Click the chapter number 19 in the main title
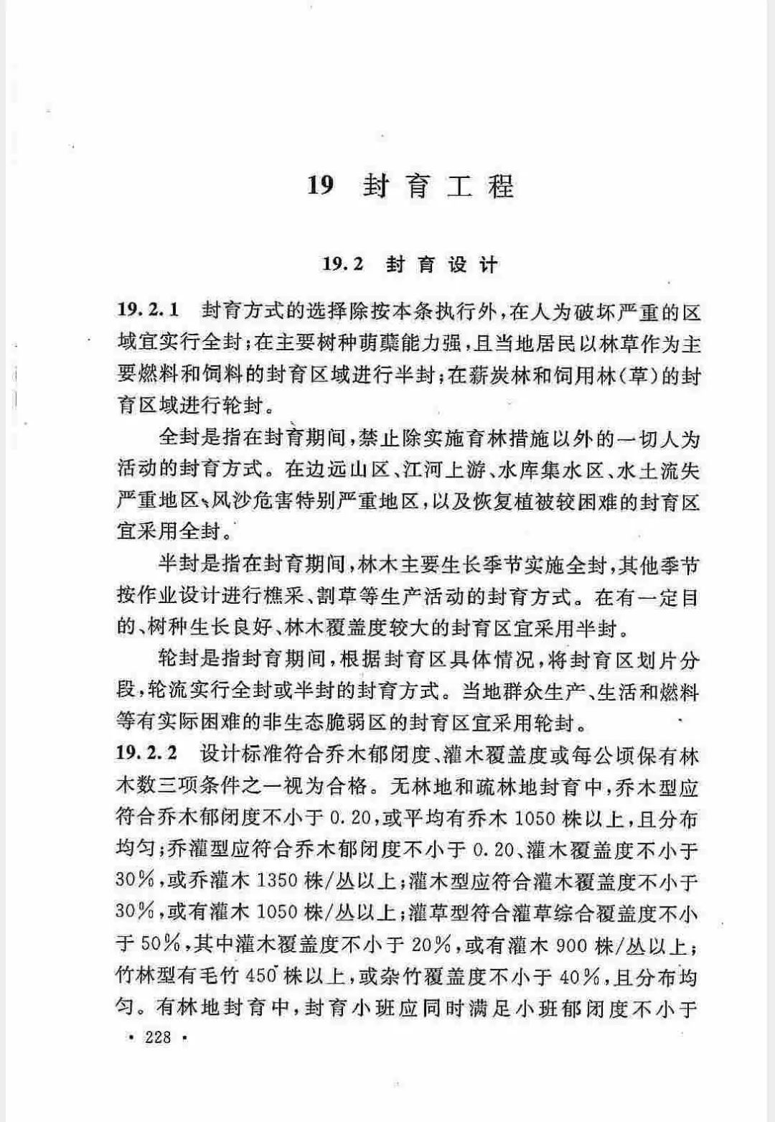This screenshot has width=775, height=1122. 321,186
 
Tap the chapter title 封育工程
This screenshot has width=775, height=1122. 438,187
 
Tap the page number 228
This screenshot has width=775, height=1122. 158,1037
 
